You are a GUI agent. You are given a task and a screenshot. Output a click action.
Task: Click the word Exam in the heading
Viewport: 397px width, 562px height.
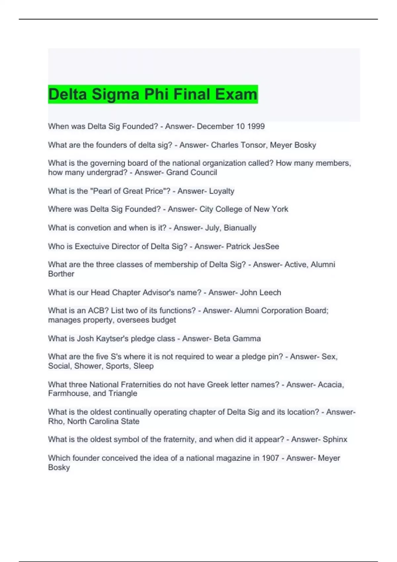(x=236, y=94)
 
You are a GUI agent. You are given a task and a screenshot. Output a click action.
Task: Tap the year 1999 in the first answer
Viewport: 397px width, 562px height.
(x=256, y=126)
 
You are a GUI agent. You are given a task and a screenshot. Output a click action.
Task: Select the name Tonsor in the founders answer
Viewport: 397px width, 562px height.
(x=254, y=145)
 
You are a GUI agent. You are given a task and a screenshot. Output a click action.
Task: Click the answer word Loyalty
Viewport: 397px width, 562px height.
(x=222, y=191)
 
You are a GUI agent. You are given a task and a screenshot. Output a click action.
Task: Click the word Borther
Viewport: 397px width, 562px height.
(x=61, y=274)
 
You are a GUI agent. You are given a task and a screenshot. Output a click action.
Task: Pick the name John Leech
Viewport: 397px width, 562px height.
(x=260, y=293)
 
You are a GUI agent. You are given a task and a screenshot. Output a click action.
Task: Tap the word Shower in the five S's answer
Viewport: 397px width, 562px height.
(x=88, y=366)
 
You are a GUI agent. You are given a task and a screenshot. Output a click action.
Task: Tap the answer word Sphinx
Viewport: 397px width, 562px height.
(x=335, y=439)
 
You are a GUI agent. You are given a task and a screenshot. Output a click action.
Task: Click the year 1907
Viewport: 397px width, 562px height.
(x=270, y=458)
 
